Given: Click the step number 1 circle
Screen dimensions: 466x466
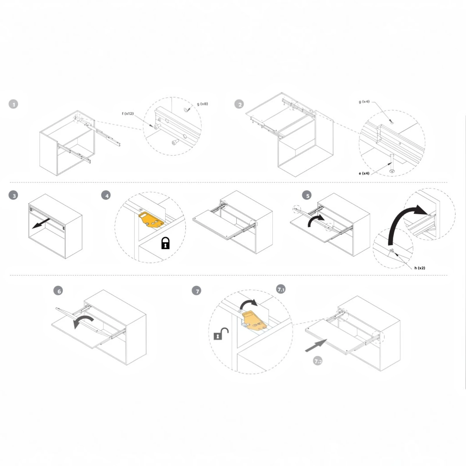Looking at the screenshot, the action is pos(13,104).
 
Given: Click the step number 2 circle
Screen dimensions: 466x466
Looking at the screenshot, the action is pos(239,104).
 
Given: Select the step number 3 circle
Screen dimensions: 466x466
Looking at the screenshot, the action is pos(13,195).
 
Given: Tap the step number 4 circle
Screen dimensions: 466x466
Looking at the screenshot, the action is pos(106,195).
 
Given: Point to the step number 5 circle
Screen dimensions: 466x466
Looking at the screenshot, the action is pos(307,195).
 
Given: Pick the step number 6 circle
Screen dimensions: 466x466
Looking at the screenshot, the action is pos(58,291).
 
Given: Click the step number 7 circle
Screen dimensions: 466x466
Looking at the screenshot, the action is pos(197,291).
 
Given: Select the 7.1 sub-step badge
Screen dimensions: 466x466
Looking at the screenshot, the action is pos(281,289).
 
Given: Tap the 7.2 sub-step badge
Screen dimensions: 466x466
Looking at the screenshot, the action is pos(318,361).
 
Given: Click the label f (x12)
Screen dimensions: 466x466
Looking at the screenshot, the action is pos(128,114).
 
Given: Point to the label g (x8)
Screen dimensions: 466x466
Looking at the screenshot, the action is pos(202,104).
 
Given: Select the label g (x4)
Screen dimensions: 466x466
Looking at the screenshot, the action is pos(364,102).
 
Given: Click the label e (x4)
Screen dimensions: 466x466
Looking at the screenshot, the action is pos(364,173).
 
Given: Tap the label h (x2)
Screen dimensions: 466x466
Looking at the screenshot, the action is pos(420,268).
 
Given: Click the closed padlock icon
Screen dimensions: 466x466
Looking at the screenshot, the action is pos(165,243).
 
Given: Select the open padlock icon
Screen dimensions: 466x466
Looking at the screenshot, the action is pos(221,334).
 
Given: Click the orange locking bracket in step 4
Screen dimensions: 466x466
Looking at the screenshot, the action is pos(151,220).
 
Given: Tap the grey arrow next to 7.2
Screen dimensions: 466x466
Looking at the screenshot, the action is pos(316,345).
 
